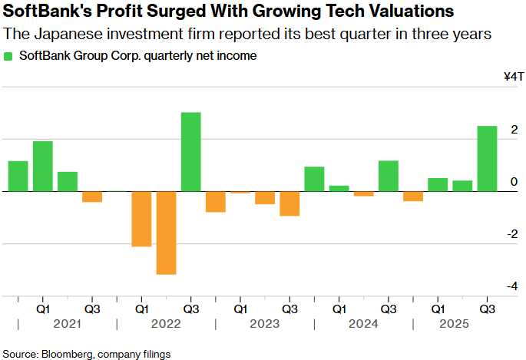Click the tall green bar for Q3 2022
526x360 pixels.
(191, 151)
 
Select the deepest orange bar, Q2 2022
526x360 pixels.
(167, 233)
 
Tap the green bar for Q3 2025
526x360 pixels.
(487, 158)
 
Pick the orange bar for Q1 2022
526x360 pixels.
(141, 219)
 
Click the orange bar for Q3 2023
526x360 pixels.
(289, 203)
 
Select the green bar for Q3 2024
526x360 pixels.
(389, 176)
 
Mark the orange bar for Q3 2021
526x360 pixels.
(92, 197)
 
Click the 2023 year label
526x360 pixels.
(265, 325)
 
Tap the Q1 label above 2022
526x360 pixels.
(141, 309)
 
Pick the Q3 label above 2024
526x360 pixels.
(389, 309)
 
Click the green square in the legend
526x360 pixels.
(8, 56)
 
